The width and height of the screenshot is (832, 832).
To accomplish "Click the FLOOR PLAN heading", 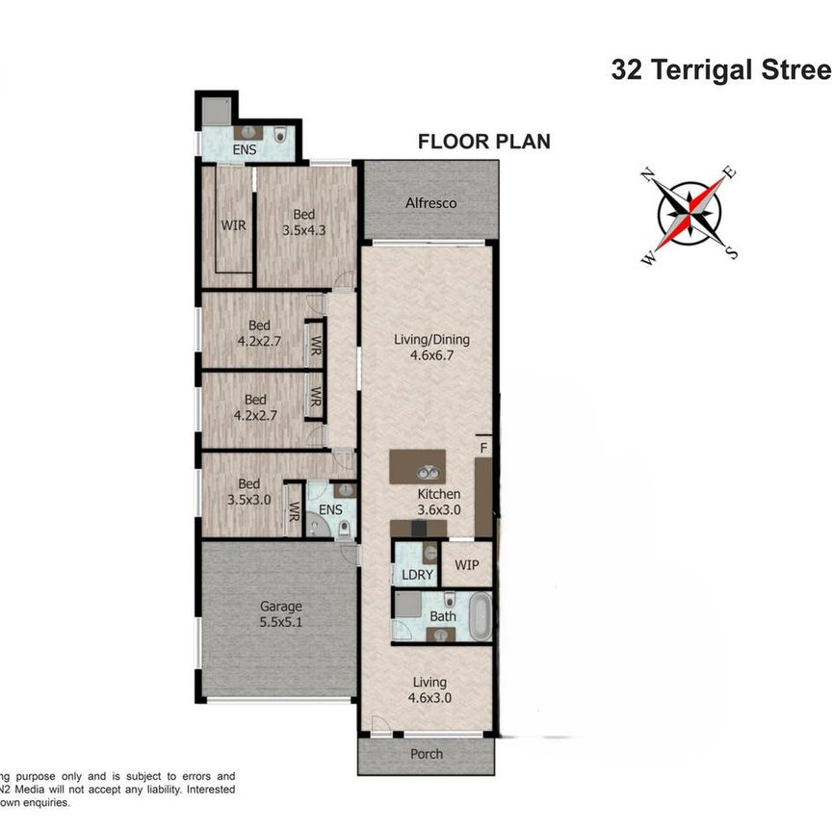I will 483,142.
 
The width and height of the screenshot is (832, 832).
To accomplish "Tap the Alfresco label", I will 430,203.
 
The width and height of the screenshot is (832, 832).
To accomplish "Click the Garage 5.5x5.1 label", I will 280,614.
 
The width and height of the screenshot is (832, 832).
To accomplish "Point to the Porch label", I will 426,753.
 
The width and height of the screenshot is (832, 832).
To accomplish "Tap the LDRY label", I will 416,575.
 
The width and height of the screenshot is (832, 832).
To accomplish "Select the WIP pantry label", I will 467,564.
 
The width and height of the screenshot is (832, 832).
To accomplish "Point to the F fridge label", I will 483,448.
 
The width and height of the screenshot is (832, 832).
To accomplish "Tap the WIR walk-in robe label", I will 232,224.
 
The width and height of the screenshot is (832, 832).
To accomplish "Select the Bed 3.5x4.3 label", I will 303,222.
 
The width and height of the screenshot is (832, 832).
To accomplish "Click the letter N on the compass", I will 649,175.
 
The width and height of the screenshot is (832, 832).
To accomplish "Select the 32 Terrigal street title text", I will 720,71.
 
